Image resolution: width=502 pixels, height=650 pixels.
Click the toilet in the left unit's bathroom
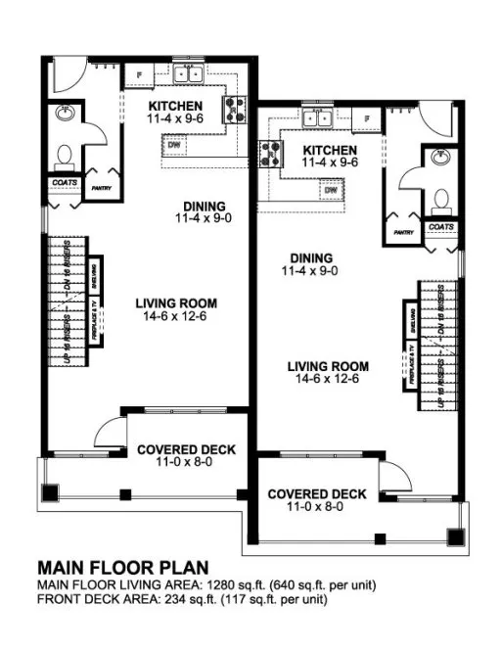click(65, 155)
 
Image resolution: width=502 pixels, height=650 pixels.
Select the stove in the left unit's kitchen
click(235, 108)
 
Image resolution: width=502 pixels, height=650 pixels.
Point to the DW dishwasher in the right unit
click(331, 189)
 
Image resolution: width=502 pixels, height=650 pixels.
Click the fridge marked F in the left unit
click(140, 74)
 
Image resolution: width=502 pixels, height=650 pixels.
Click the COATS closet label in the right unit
click(441, 227)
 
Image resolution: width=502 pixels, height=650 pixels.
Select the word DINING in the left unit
click(205, 206)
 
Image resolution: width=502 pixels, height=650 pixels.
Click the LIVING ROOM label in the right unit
click(327, 366)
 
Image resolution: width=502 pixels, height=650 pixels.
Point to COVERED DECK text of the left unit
click(186, 449)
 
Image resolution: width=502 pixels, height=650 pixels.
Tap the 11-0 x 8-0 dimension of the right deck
click(317, 507)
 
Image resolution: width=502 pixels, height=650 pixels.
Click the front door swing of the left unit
click(111, 431)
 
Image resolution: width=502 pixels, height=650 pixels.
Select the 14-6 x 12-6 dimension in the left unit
click(176, 316)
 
